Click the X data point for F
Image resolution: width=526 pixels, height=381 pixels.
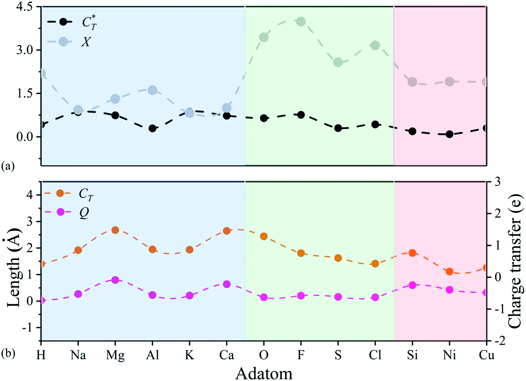coord(301,21)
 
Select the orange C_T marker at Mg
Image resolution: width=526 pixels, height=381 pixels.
coord(115,230)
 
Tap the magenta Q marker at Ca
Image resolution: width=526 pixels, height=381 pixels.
coord(226,284)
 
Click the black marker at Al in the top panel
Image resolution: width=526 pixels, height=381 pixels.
coord(152,128)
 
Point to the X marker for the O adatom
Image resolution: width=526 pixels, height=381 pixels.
coord(264,37)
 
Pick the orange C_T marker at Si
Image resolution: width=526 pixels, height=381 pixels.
coord(412,253)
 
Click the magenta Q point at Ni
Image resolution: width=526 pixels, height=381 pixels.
coord(449,290)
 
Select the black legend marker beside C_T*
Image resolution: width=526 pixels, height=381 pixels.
coord(63,21)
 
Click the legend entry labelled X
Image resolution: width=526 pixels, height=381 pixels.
coord(85,42)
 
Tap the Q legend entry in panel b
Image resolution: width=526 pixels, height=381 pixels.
coord(84,212)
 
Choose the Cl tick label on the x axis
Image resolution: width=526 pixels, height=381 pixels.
coord(375,355)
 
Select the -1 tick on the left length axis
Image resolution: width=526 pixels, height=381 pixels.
coord(29,327)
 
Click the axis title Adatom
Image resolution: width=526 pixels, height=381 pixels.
coord(264,373)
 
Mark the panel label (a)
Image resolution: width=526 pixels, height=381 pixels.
coord(8,166)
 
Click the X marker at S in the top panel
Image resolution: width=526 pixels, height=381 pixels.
coord(338,62)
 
